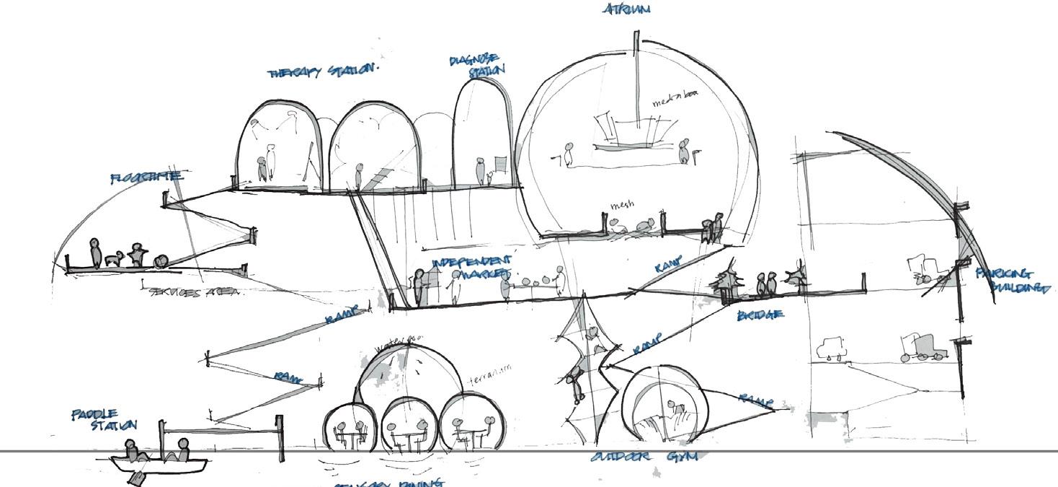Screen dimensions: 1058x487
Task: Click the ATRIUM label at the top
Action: [x=626, y=9]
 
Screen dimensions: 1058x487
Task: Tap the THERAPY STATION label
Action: [x=322, y=71]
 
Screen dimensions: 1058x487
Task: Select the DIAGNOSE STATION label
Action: [x=476, y=65]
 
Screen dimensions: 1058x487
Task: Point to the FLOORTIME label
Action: [x=146, y=177]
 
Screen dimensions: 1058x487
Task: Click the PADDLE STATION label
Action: [x=104, y=419]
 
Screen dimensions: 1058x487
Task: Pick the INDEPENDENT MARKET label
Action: [x=471, y=267]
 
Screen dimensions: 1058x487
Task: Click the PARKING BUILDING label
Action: [x=1012, y=281]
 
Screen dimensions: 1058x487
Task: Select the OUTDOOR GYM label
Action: [x=644, y=457]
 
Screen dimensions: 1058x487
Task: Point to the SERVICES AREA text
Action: [x=196, y=292]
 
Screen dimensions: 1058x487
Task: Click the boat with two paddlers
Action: [x=158, y=460]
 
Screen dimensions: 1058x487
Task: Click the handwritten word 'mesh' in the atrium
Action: [x=622, y=206]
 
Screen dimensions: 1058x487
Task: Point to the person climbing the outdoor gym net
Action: [x=576, y=381]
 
